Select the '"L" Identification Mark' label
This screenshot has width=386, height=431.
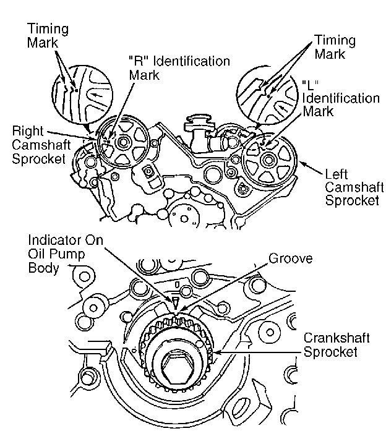340,97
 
